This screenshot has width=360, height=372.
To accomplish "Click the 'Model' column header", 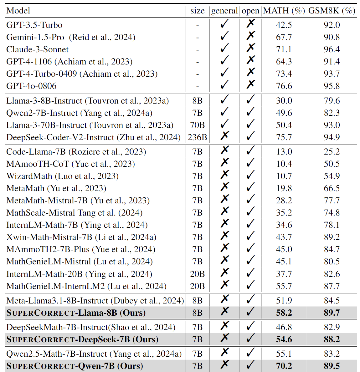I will (x=18, y=11).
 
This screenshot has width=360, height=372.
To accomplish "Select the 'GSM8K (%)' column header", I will (x=332, y=11).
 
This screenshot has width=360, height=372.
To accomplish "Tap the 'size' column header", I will (x=197, y=11).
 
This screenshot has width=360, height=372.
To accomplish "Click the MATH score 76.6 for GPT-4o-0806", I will (x=284, y=86).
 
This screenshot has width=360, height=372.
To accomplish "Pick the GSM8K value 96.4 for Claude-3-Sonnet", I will (x=332, y=49).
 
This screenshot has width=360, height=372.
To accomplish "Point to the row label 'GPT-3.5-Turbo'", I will (x=34, y=25).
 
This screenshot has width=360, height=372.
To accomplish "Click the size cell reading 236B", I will (x=197, y=137).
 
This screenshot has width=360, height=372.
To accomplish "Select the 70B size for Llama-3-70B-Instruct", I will (x=197, y=125).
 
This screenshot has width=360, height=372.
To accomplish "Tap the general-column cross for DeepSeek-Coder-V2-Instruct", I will (x=224, y=136).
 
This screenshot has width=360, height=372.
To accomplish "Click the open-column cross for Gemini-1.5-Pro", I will (x=250, y=36).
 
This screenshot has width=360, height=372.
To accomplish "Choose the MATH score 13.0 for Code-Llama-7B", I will (x=284, y=152).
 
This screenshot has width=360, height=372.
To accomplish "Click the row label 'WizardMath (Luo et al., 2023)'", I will (x=63, y=176).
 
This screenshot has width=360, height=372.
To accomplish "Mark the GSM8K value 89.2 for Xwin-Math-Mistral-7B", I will (x=332, y=237).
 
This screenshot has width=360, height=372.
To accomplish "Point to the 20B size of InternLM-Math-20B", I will (x=197, y=274).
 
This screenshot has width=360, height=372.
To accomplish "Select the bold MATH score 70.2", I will (x=284, y=366).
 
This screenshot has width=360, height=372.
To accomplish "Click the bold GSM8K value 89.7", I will (x=332, y=313).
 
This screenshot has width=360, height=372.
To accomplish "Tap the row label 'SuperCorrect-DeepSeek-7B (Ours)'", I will (x=82, y=339).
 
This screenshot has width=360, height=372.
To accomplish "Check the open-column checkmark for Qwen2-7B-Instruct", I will (x=250, y=112).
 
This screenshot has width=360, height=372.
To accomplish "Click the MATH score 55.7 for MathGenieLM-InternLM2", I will (x=284, y=286).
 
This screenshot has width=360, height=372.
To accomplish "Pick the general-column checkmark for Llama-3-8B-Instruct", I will (x=224, y=99).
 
